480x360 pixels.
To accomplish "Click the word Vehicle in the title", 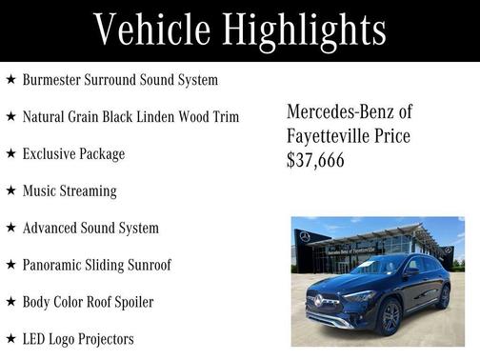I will tap(151, 30).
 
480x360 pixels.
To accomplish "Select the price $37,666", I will tap(315, 161).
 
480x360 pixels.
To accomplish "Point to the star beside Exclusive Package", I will tap(10, 153).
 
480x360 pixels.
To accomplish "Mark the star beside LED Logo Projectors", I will tap(10, 338).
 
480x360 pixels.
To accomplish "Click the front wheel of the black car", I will tap(390, 319).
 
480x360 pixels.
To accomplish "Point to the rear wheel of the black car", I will tap(443, 298).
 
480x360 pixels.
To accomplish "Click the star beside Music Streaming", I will tap(10, 190).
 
